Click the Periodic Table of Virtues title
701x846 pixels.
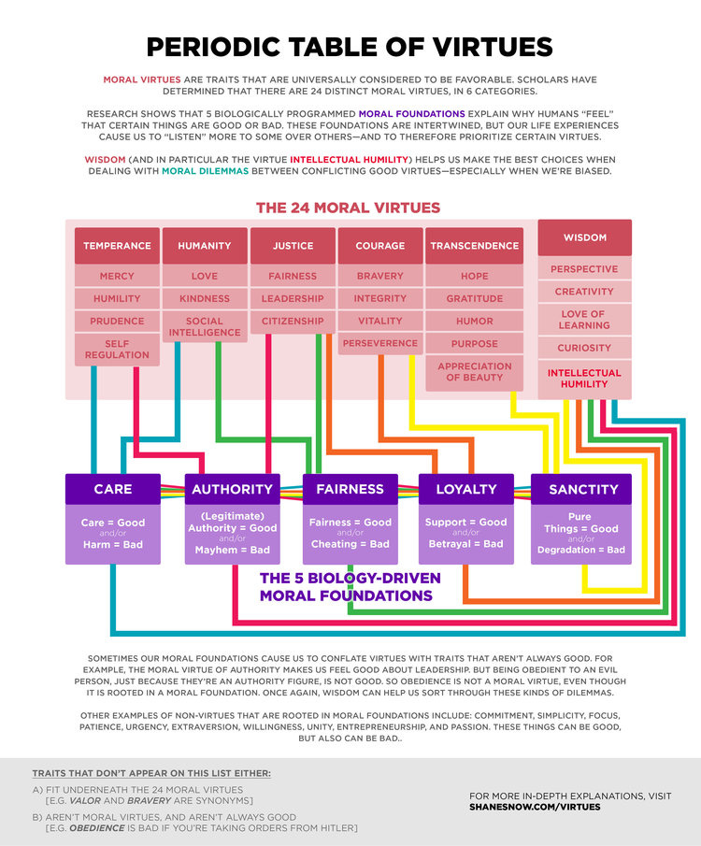[x=350, y=47]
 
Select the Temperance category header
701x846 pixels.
[x=117, y=246]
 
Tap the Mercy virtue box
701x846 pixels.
[x=117, y=277]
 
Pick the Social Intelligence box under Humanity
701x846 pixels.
[x=205, y=326]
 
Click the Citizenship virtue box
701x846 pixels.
[x=293, y=321]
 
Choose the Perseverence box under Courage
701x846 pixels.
[x=379, y=343]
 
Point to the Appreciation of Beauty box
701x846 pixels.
[x=475, y=372]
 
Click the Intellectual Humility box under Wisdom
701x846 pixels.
[x=584, y=379]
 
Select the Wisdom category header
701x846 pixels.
[x=584, y=238]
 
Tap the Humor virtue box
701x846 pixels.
[x=475, y=321]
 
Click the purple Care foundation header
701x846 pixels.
[x=113, y=489]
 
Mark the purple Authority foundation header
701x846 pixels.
[x=232, y=489]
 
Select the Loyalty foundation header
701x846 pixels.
[x=465, y=489]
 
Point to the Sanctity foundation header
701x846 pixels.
[x=583, y=489]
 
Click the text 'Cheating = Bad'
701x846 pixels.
[x=350, y=544]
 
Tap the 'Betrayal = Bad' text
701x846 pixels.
[x=465, y=544]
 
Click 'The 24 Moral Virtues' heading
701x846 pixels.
[x=348, y=208]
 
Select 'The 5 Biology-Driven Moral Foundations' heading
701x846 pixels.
[x=350, y=587]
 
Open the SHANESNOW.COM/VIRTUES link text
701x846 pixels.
[x=535, y=806]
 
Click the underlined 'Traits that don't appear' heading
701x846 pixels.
[x=151, y=774]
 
